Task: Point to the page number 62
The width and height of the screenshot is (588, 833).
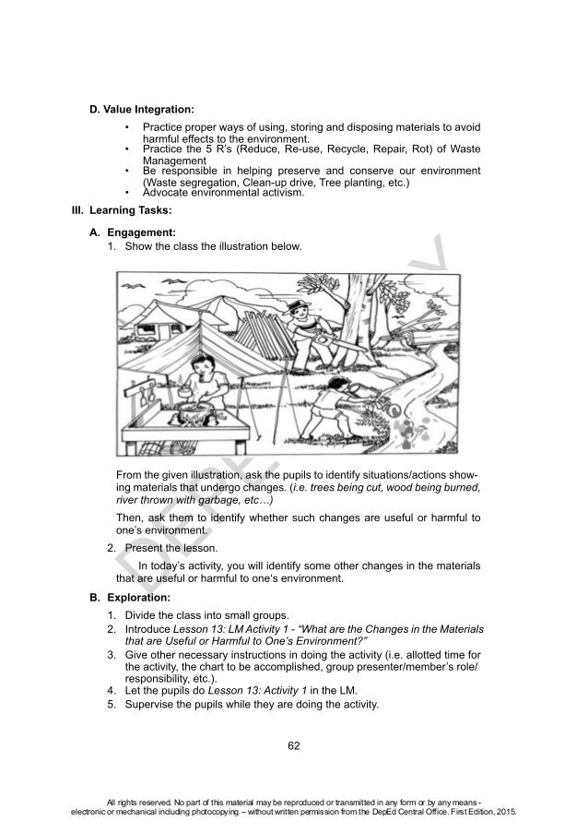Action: [294, 744]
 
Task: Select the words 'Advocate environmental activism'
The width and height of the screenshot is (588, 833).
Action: [224, 193]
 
